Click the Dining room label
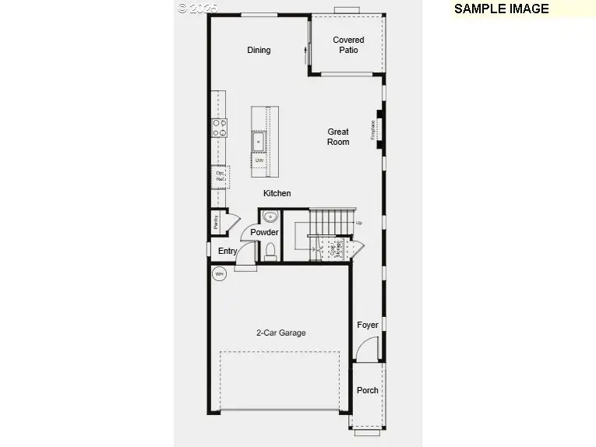[259, 50]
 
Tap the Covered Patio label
[348, 45]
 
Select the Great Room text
[338, 137]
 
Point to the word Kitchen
[277, 193]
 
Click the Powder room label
[264, 232]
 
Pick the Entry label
[227, 251]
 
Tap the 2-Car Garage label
[281, 333]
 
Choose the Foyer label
[368, 325]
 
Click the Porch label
[368, 390]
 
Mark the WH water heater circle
[220, 274]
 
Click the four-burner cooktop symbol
[220, 128]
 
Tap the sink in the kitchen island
[259, 142]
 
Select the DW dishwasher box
[259, 160]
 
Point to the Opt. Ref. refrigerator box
[220, 177]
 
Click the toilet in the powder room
[270, 250]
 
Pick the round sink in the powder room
[270, 216]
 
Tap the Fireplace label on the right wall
[374, 128]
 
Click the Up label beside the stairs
[359, 223]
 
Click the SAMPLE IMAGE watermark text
[502, 9]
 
